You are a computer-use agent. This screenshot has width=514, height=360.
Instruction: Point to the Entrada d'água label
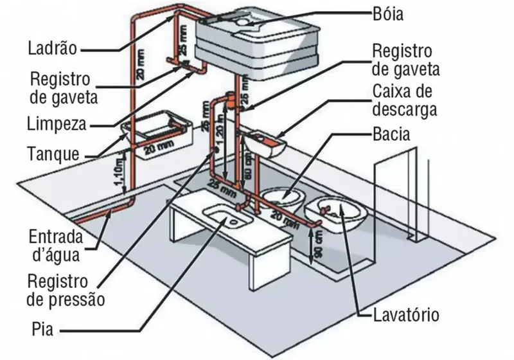[56, 244]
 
